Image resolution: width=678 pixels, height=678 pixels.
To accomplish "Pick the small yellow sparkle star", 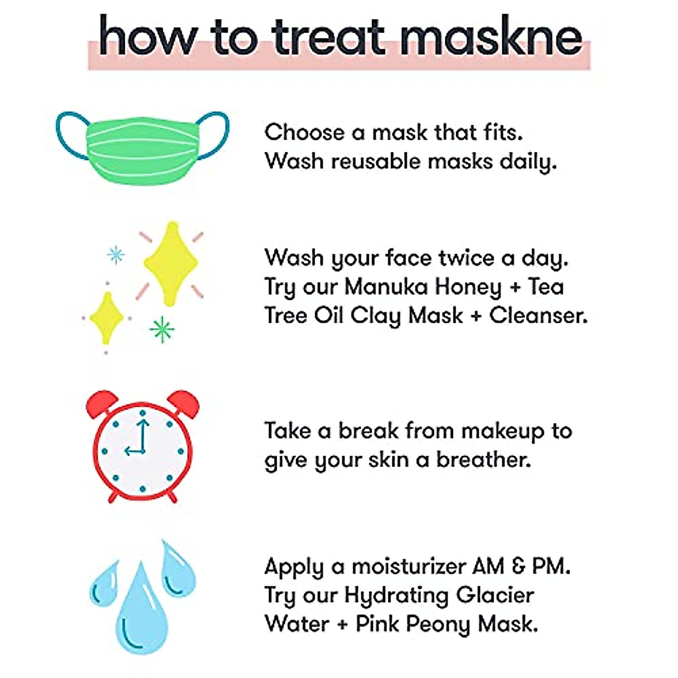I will pyautogui.click(x=106, y=318).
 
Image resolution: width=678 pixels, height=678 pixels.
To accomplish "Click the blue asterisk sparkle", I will pyautogui.click(x=116, y=255).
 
